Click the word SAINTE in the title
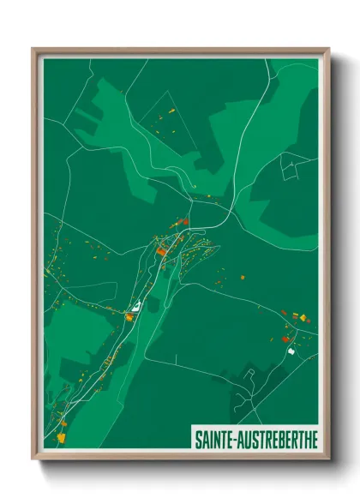pyautogui.click(x=215, y=437)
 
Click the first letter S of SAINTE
pyautogui.click(x=199, y=437)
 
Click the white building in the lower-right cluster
pyautogui.click(x=291, y=350)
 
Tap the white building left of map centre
pyautogui.click(x=135, y=305)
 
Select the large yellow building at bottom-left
pyautogui.click(x=61, y=437)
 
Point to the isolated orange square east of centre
pyautogui.click(x=242, y=277)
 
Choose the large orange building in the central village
pyautogui.click(x=161, y=252)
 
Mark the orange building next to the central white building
pyautogui.click(x=129, y=316)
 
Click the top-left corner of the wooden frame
pyautogui.click(x=33, y=49)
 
